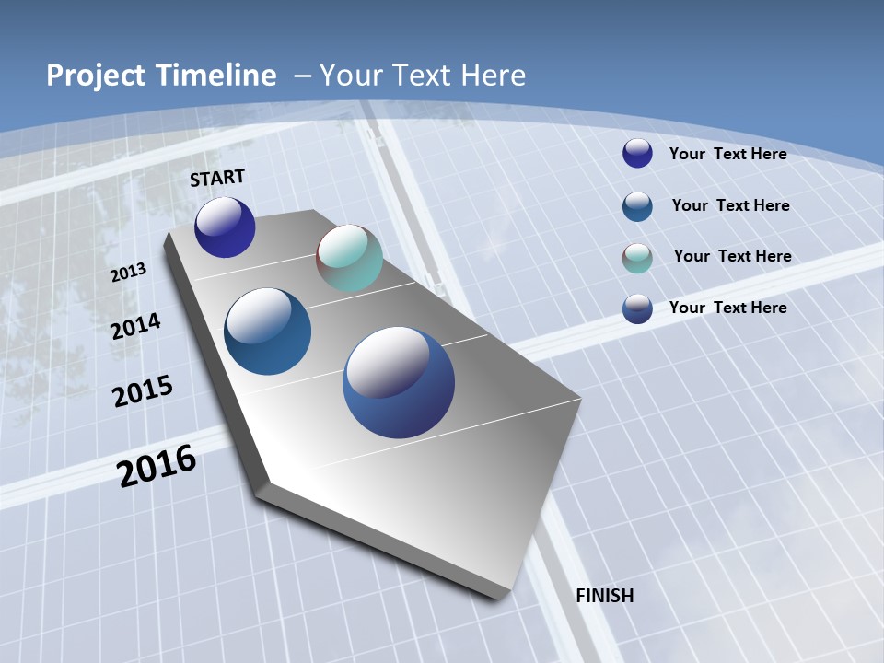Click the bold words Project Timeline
coord(161,76)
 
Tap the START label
coord(217,178)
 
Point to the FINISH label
coord(605,596)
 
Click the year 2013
coord(128,273)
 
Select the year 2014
coord(136,326)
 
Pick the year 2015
coord(143,391)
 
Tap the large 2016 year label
coord(157,466)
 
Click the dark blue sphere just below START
coord(225,227)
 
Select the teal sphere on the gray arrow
coord(349,258)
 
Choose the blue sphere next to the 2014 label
coord(268,331)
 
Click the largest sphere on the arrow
coord(399,382)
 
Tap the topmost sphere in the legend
coord(637,153)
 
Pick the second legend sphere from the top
coord(637,206)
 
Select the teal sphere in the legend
coord(637,258)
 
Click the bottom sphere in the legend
coord(637,308)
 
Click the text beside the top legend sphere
coord(727,154)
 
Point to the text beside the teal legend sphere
coord(732,256)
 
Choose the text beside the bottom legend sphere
coord(727,308)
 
